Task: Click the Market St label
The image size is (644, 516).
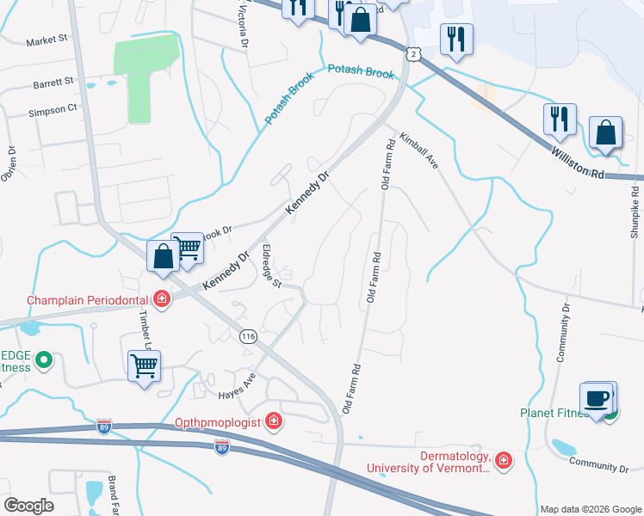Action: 46,40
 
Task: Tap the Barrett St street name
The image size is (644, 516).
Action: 53,83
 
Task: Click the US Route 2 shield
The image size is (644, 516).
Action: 416,54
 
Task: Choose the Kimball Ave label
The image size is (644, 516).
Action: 418,151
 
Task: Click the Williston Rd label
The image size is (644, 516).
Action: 585,163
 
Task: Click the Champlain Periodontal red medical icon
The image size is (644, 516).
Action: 161,298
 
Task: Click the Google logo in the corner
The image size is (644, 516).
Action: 28,506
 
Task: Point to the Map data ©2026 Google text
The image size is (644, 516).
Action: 590,509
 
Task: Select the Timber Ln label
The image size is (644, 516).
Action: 145,327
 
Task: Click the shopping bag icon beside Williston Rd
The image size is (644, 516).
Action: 606,134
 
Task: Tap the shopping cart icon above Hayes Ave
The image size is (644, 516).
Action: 144,366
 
